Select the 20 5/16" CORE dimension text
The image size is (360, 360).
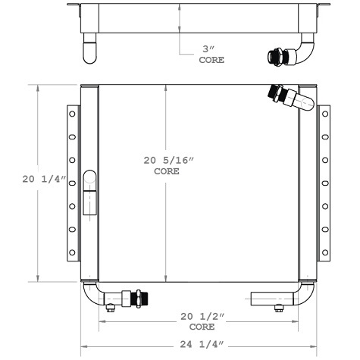(166, 165)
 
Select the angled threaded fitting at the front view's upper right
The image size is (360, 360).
(280, 95)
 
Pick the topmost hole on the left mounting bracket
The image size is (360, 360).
(72, 114)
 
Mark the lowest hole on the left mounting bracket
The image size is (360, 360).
(72, 251)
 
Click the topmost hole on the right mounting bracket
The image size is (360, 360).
(325, 114)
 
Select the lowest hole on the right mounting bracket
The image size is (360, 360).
(325, 251)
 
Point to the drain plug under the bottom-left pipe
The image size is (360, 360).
(110, 307)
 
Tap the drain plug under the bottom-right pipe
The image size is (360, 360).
(278, 307)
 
